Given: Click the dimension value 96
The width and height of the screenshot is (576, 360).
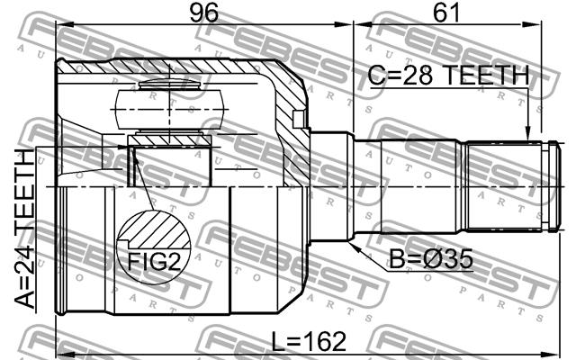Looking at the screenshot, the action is [x=203, y=13].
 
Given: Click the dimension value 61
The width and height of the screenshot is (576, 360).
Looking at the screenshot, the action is [x=446, y=13].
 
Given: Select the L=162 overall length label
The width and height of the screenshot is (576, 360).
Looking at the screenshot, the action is [x=309, y=341].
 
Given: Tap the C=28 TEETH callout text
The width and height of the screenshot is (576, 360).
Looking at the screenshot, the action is [x=448, y=75].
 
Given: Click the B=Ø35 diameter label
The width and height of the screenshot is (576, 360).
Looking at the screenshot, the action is [x=430, y=259].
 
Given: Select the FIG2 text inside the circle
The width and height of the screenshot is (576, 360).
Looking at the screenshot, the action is [x=154, y=262].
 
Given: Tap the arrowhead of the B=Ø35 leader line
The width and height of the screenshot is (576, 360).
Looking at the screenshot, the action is [x=354, y=247].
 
